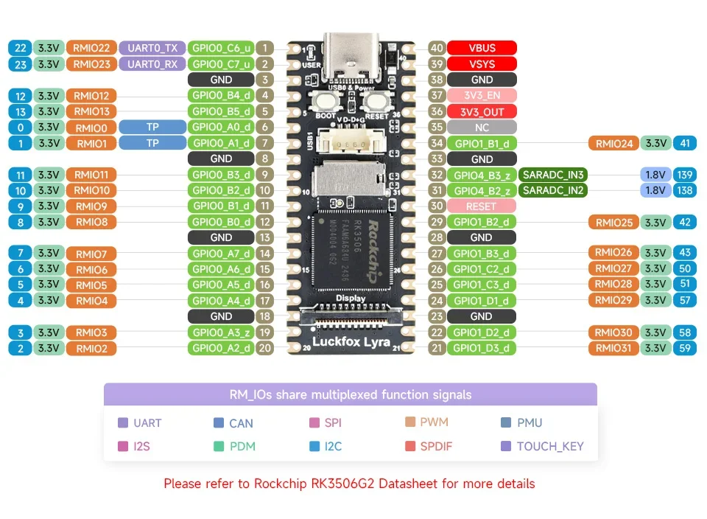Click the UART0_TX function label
(x=152, y=48)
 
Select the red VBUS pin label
(x=482, y=48)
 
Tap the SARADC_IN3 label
(x=553, y=175)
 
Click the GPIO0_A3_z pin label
(x=221, y=332)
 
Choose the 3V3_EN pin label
(x=482, y=95)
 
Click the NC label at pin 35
(x=482, y=127)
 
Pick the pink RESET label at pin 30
(x=482, y=206)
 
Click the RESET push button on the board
(x=376, y=102)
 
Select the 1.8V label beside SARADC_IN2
(x=655, y=190)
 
